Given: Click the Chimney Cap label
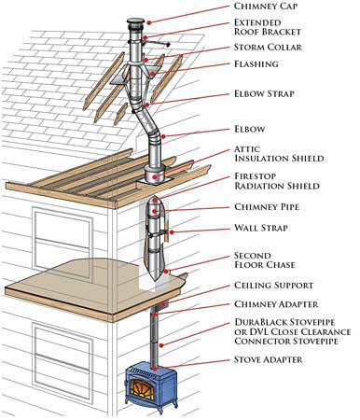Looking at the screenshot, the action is tap(266, 6).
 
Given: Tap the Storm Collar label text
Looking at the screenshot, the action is tap(268, 48).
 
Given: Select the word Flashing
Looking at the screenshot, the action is tap(256, 64).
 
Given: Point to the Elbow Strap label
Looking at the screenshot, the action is tap(264, 93).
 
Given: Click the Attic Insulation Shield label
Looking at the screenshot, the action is tap(279, 154).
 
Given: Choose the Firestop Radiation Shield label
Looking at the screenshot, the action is tap(277, 181).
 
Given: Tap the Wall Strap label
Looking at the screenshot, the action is tap(261, 228).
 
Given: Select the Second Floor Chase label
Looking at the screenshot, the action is tap(265, 260).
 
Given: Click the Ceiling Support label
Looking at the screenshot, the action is tap(273, 286).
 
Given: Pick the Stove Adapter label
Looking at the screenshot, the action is tap(268, 359).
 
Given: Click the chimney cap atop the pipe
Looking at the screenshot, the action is tap(135, 24).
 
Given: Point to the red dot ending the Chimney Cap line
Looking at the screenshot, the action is tap(149, 22).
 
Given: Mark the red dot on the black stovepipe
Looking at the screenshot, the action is tap(160, 345).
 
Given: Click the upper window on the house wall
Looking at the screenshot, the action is tap(62, 240).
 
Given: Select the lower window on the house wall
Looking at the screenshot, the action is tap(63, 355).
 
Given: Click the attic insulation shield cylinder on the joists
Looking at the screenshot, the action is tap(155, 175).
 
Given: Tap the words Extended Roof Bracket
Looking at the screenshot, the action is tap(268, 27).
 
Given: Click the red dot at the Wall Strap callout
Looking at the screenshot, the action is tap(172, 232).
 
